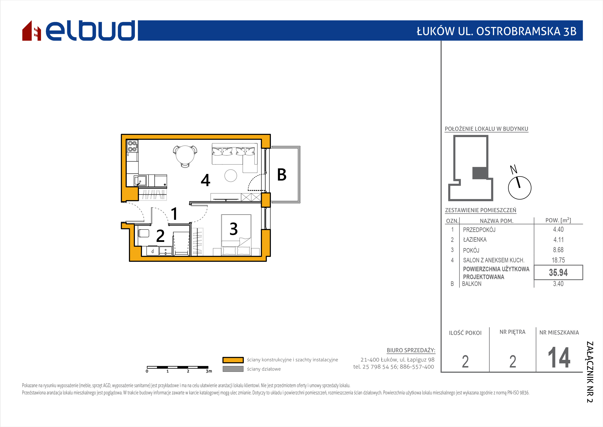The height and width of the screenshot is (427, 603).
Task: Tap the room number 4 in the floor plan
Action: click(x=205, y=180)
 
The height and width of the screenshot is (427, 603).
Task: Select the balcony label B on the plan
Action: click(x=282, y=175)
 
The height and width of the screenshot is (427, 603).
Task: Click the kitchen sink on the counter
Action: click(x=140, y=181)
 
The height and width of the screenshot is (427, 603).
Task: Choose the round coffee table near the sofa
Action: click(x=231, y=175)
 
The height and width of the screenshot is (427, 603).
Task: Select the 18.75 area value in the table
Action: click(x=558, y=260)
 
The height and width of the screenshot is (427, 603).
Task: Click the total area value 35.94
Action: click(x=558, y=272)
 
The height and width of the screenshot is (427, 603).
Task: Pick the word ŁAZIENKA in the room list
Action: click(x=474, y=240)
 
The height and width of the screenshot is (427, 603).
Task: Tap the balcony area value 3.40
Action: click(x=558, y=284)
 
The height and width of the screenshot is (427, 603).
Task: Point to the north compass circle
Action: click(x=519, y=188)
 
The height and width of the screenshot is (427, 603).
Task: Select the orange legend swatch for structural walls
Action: click(x=233, y=360)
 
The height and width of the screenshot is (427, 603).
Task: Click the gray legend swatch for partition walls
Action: click(x=233, y=369)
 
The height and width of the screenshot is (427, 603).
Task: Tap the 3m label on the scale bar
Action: click(x=209, y=371)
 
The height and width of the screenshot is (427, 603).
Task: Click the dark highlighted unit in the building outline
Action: click(x=480, y=173)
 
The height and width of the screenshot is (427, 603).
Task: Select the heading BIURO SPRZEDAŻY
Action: click(x=411, y=350)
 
